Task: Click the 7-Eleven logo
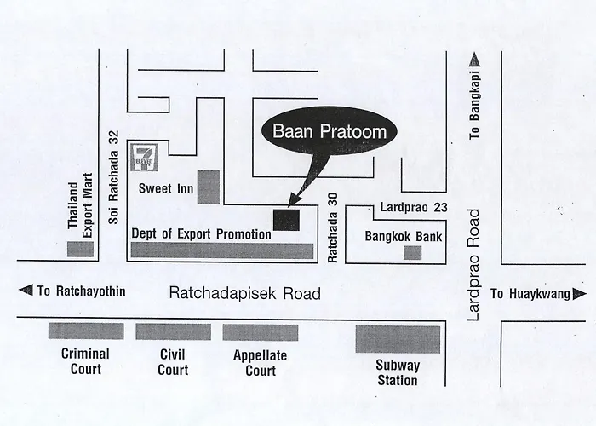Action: (144, 158)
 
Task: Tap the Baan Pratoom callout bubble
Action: (330, 131)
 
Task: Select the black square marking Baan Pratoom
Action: (287, 220)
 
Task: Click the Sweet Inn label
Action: (166, 188)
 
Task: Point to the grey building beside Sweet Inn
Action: (209, 187)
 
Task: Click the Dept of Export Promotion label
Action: (202, 233)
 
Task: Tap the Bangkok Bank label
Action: (404, 237)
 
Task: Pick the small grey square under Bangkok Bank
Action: (412, 253)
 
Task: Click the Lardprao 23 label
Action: (414, 207)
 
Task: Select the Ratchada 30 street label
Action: (332, 227)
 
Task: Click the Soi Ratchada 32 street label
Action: (113, 177)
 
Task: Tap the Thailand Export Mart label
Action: (80, 206)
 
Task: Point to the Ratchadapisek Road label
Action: (245, 293)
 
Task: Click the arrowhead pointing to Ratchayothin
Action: (26, 291)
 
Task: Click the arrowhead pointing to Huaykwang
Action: (580, 294)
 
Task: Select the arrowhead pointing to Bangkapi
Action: (475, 60)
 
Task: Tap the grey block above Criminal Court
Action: (86, 331)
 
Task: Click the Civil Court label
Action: (173, 362)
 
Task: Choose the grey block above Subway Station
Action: (398, 339)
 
